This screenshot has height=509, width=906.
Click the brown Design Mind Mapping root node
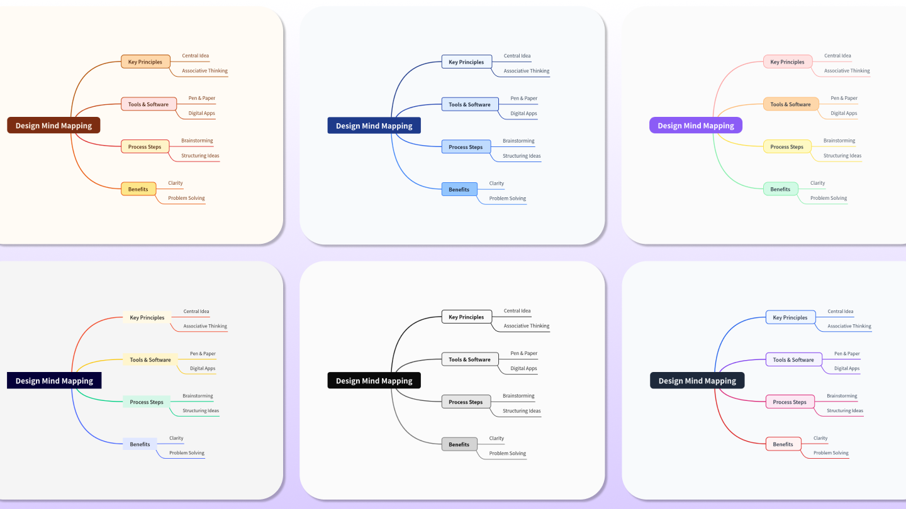click(x=53, y=126)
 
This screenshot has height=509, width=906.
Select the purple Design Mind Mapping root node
click(x=695, y=126)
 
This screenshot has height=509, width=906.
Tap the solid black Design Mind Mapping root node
click(x=374, y=381)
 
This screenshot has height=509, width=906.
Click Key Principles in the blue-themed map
click(x=466, y=62)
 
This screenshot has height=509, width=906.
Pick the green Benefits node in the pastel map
click(x=780, y=189)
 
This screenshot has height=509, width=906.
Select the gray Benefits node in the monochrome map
click(x=459, y=444)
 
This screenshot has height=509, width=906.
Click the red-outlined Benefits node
click(x=783, y=444)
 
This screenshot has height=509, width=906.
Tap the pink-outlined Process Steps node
click(x=789, y=402)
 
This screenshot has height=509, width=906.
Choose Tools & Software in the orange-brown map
click(x=148, y=104)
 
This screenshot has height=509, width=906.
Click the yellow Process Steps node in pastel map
click(x=786, y=147)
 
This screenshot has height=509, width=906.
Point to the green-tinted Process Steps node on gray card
click(x=146, y=402)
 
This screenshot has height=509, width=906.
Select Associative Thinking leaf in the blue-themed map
click(x=526, y=71)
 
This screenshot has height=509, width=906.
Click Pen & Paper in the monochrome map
click(x=523, y=353)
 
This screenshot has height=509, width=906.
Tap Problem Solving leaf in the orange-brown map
click(x=186, y=198)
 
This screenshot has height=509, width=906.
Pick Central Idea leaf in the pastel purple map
click(x=837, y=56)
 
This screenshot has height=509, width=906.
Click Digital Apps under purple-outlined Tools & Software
click(x=846, y=368)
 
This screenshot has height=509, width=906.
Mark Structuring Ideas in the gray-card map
click(x=201, y=411)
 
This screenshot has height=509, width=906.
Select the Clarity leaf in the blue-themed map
click(x=496, y=183)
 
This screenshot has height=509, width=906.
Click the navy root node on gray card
click(x=53, y=381)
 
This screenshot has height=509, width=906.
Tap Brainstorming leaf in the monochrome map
click(x=518, y=396)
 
